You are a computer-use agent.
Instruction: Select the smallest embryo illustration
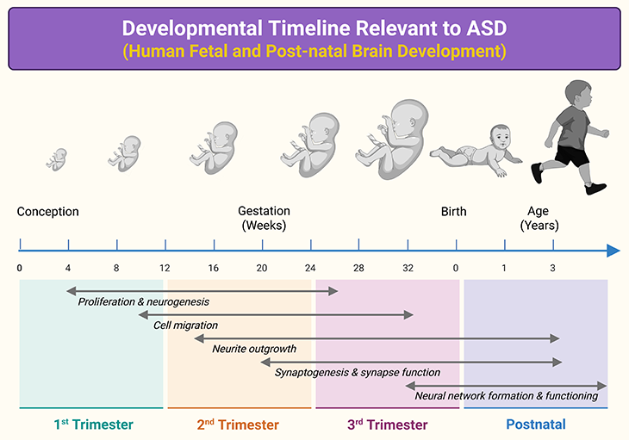[58, 158]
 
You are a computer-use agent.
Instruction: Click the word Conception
[47, 212]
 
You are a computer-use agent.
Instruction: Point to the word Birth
[453, 212]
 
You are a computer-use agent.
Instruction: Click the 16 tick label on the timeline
[214, 269]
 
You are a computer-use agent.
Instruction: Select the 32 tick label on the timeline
[407, 269]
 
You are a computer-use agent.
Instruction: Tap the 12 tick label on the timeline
[165, 269]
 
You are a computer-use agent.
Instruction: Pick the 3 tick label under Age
[553, 269]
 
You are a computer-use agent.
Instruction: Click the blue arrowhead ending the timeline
[613, 251]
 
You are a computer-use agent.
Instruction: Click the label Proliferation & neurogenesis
[144, 302]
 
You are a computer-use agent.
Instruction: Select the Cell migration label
[185, 325]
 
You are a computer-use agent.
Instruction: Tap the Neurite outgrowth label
[254, 349]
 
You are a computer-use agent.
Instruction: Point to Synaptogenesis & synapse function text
[358, 373]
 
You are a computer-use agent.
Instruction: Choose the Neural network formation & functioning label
[506, 396]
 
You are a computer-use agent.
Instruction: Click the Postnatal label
[536, 425]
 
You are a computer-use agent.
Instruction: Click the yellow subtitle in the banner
[314, 50]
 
